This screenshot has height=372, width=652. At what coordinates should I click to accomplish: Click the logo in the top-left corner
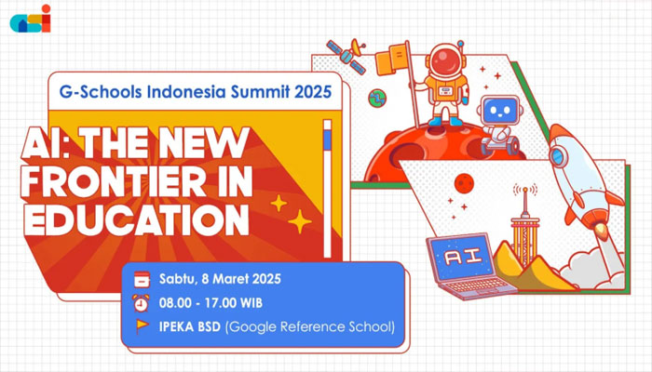click(31, 20)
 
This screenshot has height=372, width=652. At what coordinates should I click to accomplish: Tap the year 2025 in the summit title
click(313, 92)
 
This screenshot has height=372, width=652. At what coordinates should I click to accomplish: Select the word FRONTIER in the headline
click(113, 182)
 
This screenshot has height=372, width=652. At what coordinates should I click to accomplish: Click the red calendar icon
click(142, 279)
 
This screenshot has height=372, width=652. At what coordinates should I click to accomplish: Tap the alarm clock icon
click(141, 302)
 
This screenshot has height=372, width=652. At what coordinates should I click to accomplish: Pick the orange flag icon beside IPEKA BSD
click(143, 325)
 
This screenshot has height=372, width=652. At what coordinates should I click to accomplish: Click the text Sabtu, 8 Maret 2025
click(220, 279)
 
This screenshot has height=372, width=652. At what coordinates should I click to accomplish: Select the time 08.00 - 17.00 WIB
click(211, 302)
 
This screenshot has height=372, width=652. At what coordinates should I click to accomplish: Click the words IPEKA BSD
click(190, 326)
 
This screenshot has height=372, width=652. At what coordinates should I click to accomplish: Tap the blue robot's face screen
click(499, 111)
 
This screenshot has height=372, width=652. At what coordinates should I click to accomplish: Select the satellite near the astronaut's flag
click(346, 55)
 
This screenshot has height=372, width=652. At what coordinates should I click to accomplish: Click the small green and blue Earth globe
click(377, 99)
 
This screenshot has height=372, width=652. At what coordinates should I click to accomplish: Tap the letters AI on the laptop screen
click(463, 256)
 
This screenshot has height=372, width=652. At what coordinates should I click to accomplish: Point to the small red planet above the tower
click(464, 183)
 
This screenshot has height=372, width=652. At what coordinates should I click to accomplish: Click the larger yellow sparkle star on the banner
click(299, 222)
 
